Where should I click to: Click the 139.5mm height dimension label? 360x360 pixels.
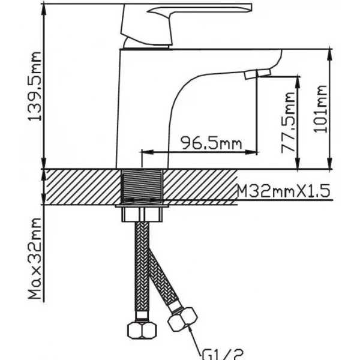(x=35, y=86)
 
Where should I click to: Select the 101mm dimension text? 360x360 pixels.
(x=320, y=109)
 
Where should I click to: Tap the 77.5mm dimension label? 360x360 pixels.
(x=288, y=122)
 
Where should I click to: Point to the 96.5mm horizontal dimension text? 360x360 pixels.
(x=211, y=143)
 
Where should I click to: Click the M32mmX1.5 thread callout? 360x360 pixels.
(x=283, y=191)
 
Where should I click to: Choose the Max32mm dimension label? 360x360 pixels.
(x=35, y=259)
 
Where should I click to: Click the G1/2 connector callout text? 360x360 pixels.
(x=222, y=355)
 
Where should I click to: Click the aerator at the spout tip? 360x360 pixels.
(x=257, y=74)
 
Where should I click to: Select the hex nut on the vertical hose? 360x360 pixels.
(x=142, y=330)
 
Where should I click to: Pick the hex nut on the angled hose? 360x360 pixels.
(x=182, y=319)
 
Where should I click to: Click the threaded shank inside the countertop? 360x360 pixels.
(x=142, y=186)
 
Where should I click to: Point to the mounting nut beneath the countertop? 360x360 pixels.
(x=142, y=214)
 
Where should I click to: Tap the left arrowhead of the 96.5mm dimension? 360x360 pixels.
(x=147, y=152)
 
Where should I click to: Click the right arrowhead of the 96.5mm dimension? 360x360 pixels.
(x=251, y=152)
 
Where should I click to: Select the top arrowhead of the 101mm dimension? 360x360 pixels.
(x=330, y=55)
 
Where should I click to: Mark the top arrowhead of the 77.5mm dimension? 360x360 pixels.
(x=298, y=82)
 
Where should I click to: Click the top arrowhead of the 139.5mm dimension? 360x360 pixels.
(x=44, y=10)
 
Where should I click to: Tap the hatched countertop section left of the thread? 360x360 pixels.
(x=83, y=187)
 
